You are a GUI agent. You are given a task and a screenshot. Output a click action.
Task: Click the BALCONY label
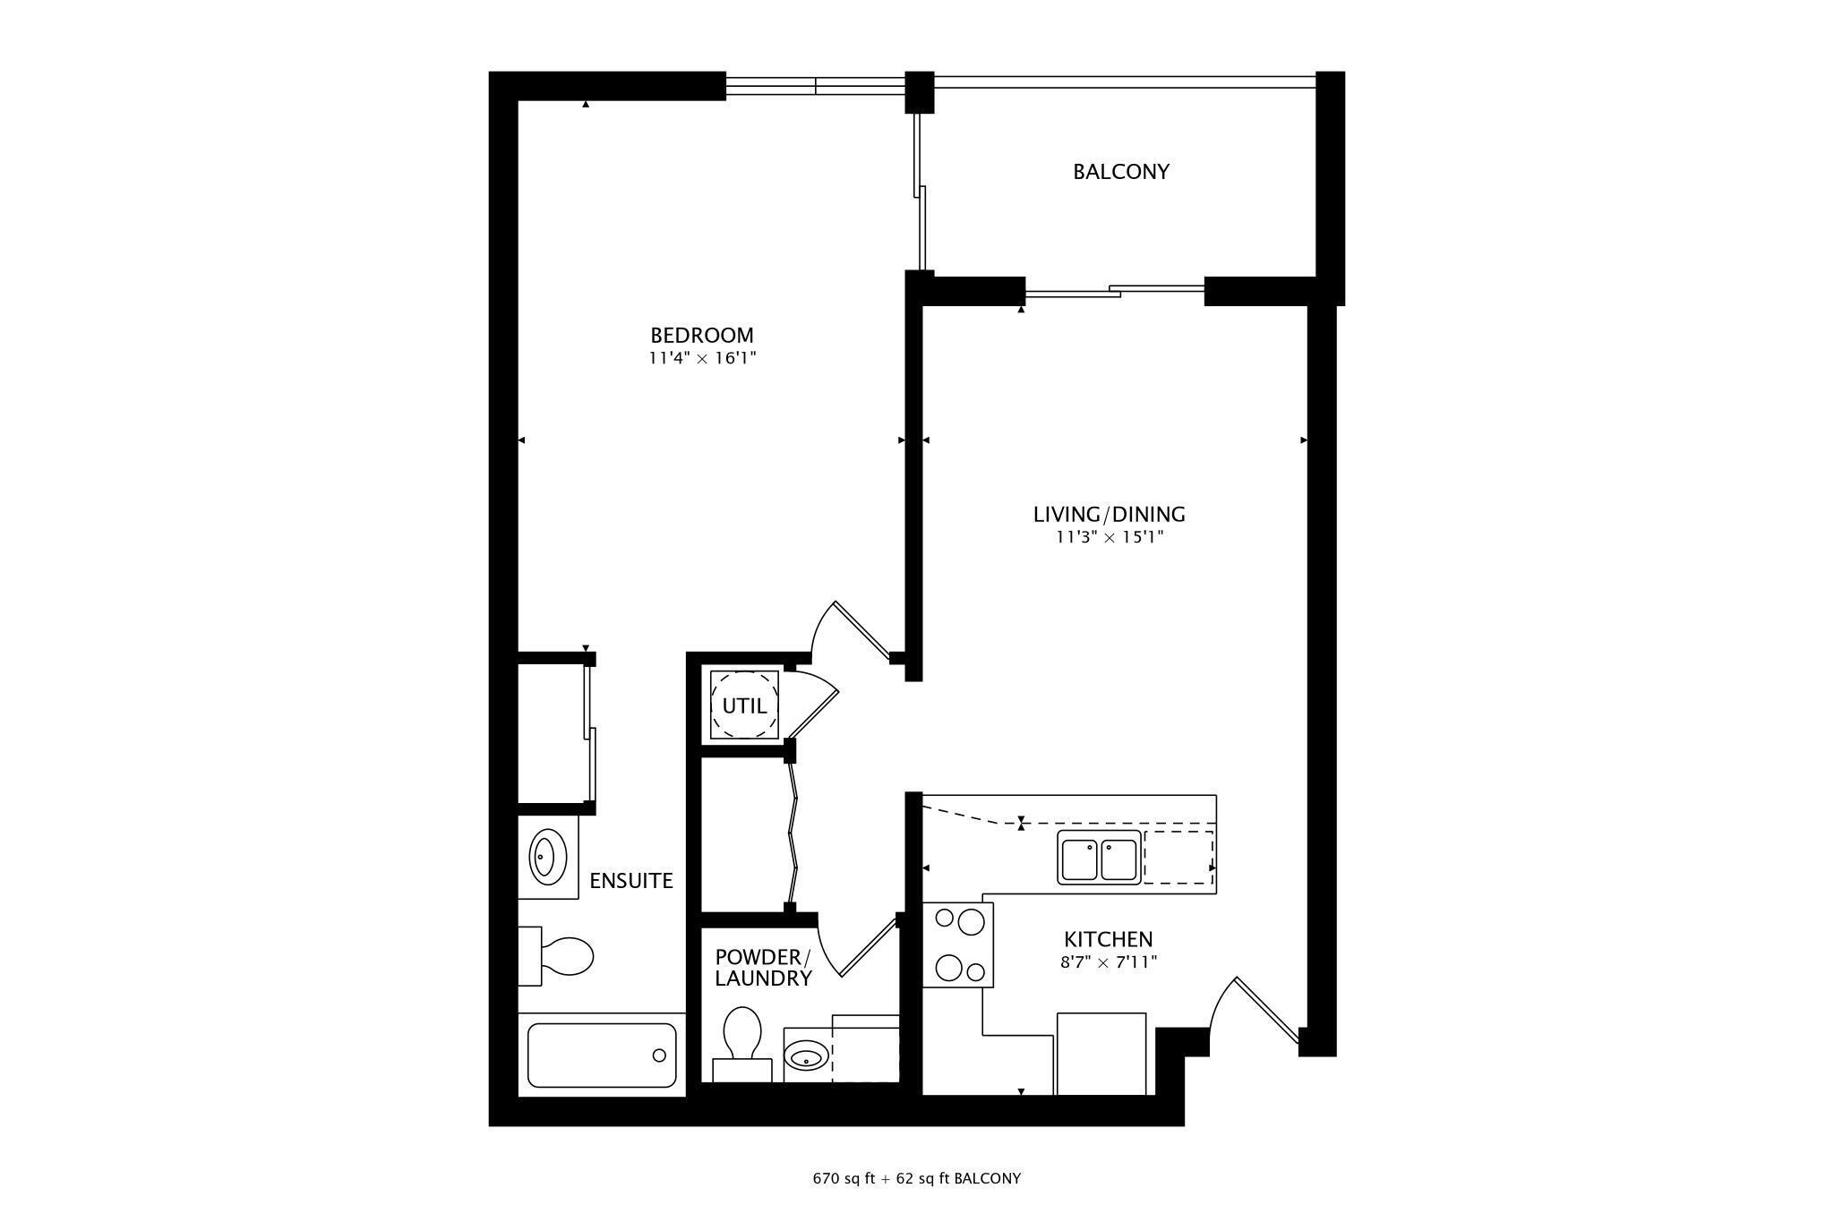pos(1121,171)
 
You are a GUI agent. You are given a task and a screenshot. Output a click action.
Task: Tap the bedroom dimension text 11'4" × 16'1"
pos(703,359)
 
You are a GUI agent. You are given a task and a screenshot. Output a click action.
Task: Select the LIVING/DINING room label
pos(1109,515)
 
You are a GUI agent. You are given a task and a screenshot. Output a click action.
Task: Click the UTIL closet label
pos(744,706)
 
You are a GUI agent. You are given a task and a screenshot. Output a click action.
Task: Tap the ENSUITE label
pos(630,881)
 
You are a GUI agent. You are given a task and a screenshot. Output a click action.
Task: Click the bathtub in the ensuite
pos(601,1055)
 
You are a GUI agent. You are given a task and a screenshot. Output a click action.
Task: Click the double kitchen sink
pos(1099,858)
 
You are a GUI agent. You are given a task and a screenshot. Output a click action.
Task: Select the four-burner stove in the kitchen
pos(958,944)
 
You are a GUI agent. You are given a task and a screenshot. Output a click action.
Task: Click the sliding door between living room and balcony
pos(1114,290)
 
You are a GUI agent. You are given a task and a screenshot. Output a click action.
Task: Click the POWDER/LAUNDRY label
pos(763,967)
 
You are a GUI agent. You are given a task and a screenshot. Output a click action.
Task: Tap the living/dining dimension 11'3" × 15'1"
pos(1109,538)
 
